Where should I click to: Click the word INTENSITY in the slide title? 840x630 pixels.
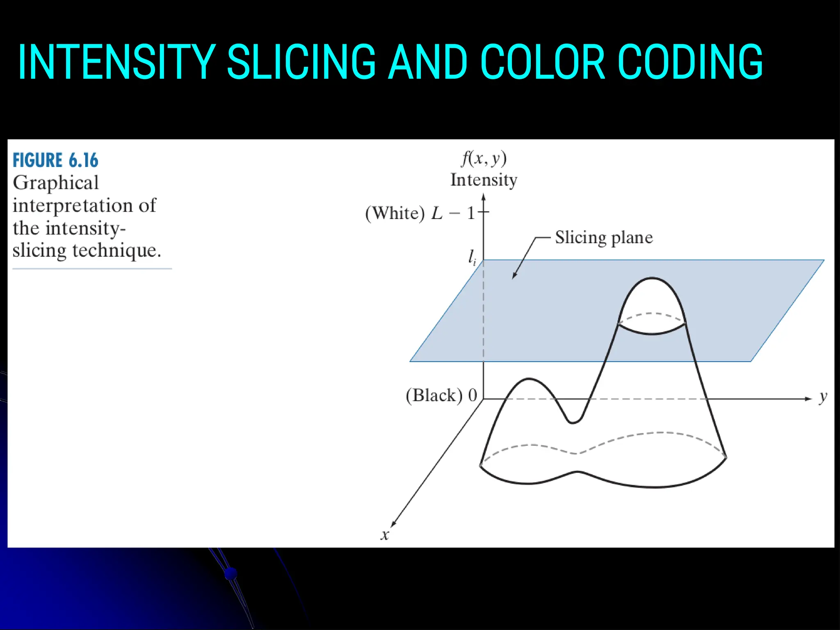[x=116, y=62]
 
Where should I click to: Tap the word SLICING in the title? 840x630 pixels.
[x=301, y=62]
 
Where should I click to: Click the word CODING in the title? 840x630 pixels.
[x=690, y=62]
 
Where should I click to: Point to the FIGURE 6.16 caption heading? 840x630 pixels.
[x=55, y=160]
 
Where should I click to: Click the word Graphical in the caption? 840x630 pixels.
[x=56, y=183]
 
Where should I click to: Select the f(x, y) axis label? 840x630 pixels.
[x=484, y=158]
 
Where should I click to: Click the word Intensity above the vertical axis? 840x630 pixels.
[x=484, y=180]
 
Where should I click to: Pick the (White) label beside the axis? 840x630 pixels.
[x=395, y=213]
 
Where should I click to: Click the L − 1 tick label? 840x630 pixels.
[x=453, y=213]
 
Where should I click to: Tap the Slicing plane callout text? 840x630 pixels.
[x=604, y=237]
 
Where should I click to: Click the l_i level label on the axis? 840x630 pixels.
[x=472, y=258]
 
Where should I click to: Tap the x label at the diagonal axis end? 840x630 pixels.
[x=385, y=535]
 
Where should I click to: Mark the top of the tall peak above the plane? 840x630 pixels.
[x=652, y=278]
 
